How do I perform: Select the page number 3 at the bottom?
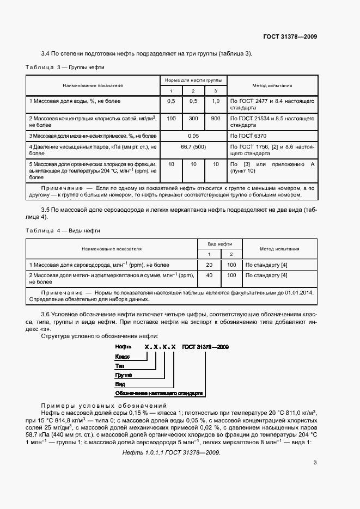point(315,463)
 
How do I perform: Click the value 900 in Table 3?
point(216,118)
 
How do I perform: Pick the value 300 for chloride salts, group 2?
point(193,118)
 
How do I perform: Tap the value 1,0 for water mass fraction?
point(216,101)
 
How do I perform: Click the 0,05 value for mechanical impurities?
point(193,134)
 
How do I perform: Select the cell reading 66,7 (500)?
point(193,147)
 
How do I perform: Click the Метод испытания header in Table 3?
point(272,85)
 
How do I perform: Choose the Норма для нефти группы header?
point(193,80)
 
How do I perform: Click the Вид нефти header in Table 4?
point(220,244)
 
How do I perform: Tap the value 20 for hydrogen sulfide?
point(209,265)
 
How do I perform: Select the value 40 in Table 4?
point(209,275)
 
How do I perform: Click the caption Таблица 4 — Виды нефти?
point(63,231)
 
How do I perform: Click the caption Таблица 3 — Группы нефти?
point(65,67)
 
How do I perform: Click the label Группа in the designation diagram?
point(124,375)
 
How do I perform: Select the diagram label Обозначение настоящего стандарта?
point(158,393)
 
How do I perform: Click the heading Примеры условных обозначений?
point(103,406)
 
